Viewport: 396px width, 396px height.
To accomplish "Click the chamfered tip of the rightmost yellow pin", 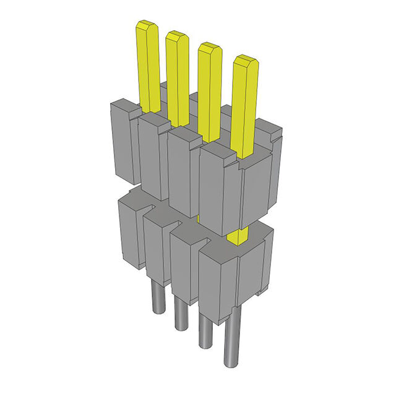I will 246,61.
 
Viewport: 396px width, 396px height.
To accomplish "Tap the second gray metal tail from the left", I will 181,312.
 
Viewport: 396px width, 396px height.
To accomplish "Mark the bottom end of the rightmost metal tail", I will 233,368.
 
